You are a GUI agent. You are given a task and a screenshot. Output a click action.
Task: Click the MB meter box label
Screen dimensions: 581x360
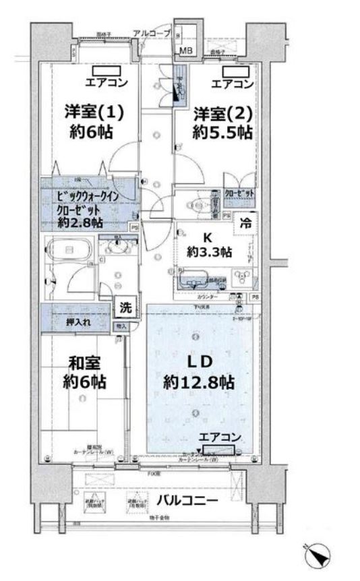tap(185, 51)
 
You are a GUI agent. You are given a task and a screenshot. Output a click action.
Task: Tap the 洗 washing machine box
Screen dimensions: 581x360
tap(125, 307)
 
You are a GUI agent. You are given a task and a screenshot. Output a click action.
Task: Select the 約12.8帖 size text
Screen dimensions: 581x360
tap(198, 382)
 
